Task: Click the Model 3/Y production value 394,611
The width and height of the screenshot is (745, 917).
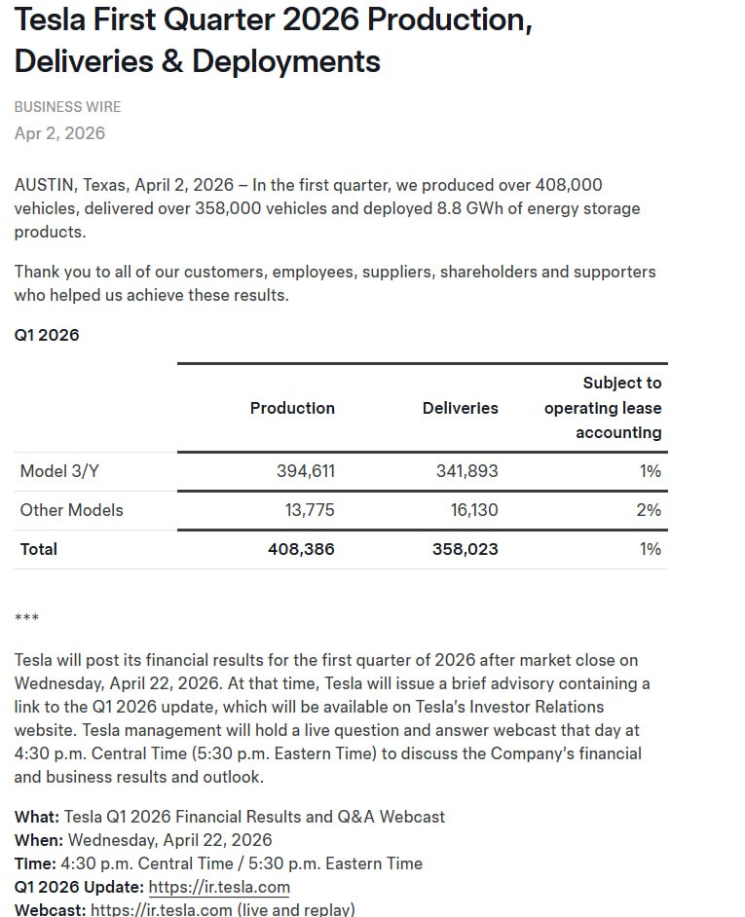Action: (x=306, y=471)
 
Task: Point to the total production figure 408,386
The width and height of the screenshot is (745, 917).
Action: (x=301, y=549)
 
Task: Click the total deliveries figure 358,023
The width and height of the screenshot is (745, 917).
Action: (x=465, y=549)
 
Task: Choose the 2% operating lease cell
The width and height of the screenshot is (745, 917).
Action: (x=649, y=510)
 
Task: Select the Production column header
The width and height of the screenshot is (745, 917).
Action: (x=292, y=409)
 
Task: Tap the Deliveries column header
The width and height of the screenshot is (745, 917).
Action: (x=460, y=409)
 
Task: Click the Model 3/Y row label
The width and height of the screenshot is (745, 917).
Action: (x=59, y=471)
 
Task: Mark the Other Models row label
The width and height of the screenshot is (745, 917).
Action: (x=72, y=510)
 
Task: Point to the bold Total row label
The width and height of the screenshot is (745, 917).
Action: (x=39, y=549)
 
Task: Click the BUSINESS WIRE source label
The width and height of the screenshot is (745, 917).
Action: (x=67, y=107)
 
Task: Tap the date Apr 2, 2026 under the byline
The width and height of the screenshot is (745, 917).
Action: (x=59, y=133)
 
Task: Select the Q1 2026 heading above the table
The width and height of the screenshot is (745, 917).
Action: (x=47, y=335)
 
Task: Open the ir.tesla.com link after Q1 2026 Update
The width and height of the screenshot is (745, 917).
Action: (x=219, y=887)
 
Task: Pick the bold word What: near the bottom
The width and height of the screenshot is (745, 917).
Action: (x=37, y=817)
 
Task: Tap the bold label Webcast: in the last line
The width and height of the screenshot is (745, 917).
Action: (x=50, y=910)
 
